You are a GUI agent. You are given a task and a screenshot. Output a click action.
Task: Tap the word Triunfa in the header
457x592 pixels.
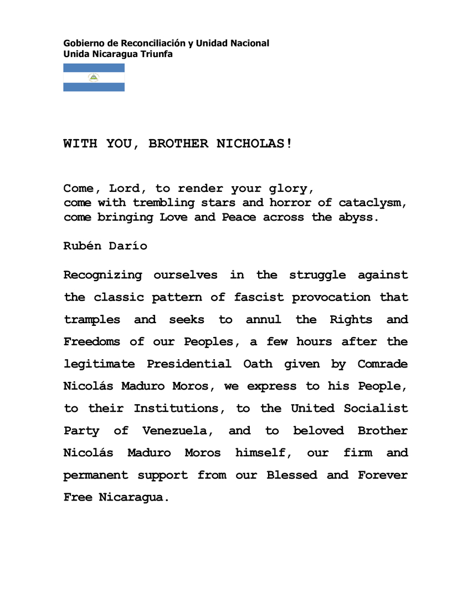click(x=158, y=54)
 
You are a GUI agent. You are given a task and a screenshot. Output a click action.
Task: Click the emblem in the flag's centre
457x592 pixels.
click(x=94, y=78)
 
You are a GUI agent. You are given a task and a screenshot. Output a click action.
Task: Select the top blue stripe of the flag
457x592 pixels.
click(x=94, y=68)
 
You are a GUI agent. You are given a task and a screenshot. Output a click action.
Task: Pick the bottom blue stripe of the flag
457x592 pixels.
click(x=94, y=87)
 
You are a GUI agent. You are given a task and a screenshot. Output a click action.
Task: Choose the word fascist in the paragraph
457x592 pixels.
click(x=259, y=297)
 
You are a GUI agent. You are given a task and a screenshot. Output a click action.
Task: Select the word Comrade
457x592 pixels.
click(x=382, y=364)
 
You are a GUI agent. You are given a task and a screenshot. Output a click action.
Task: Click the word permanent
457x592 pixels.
click(x=96, y=475)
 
